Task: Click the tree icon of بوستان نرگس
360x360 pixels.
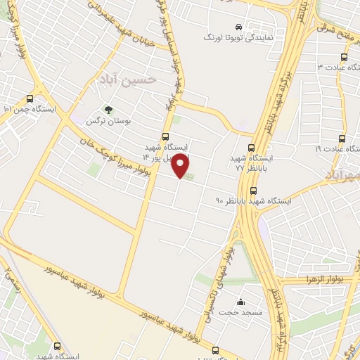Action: pyautogui.click(x=108, y=110)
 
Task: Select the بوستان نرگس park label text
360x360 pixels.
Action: pyautogui.click(x=101, y=121)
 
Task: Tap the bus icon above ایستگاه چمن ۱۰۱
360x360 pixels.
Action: pyautogui.click(x=30, y=99)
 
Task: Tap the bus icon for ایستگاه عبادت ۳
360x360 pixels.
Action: pyautogui.click(x=343, y=57)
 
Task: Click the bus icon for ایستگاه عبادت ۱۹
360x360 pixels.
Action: pyautogui.click(x=342, y=139)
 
